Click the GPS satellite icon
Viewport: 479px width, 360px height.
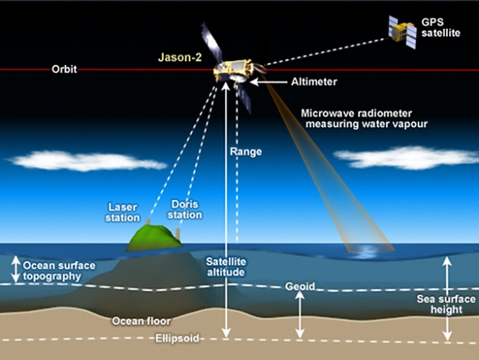(403, 32)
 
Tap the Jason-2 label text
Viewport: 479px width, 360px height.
(180, 57)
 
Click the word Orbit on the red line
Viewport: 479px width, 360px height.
(64, 69)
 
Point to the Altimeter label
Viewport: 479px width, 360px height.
(314, 82)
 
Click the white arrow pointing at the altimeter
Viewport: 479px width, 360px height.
(269, 82)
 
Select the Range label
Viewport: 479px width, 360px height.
(246, 152)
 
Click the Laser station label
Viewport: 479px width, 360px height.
(123, 213)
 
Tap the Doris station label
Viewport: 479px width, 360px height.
(185, 209)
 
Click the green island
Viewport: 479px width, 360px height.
(154, 238)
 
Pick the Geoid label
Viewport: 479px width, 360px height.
(300, 287)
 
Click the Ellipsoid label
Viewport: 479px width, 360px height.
(177, 338)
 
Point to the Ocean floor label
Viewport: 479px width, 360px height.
(141, 321)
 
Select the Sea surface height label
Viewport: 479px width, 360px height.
(446, 304)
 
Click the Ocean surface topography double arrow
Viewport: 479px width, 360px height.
(15, 269)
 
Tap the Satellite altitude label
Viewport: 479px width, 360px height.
(225, 267)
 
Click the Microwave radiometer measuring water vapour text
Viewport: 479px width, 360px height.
(364, 119)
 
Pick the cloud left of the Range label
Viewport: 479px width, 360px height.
(87, 161)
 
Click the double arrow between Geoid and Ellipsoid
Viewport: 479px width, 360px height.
(300, 315)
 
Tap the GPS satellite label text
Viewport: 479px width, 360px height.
(441, 27)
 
